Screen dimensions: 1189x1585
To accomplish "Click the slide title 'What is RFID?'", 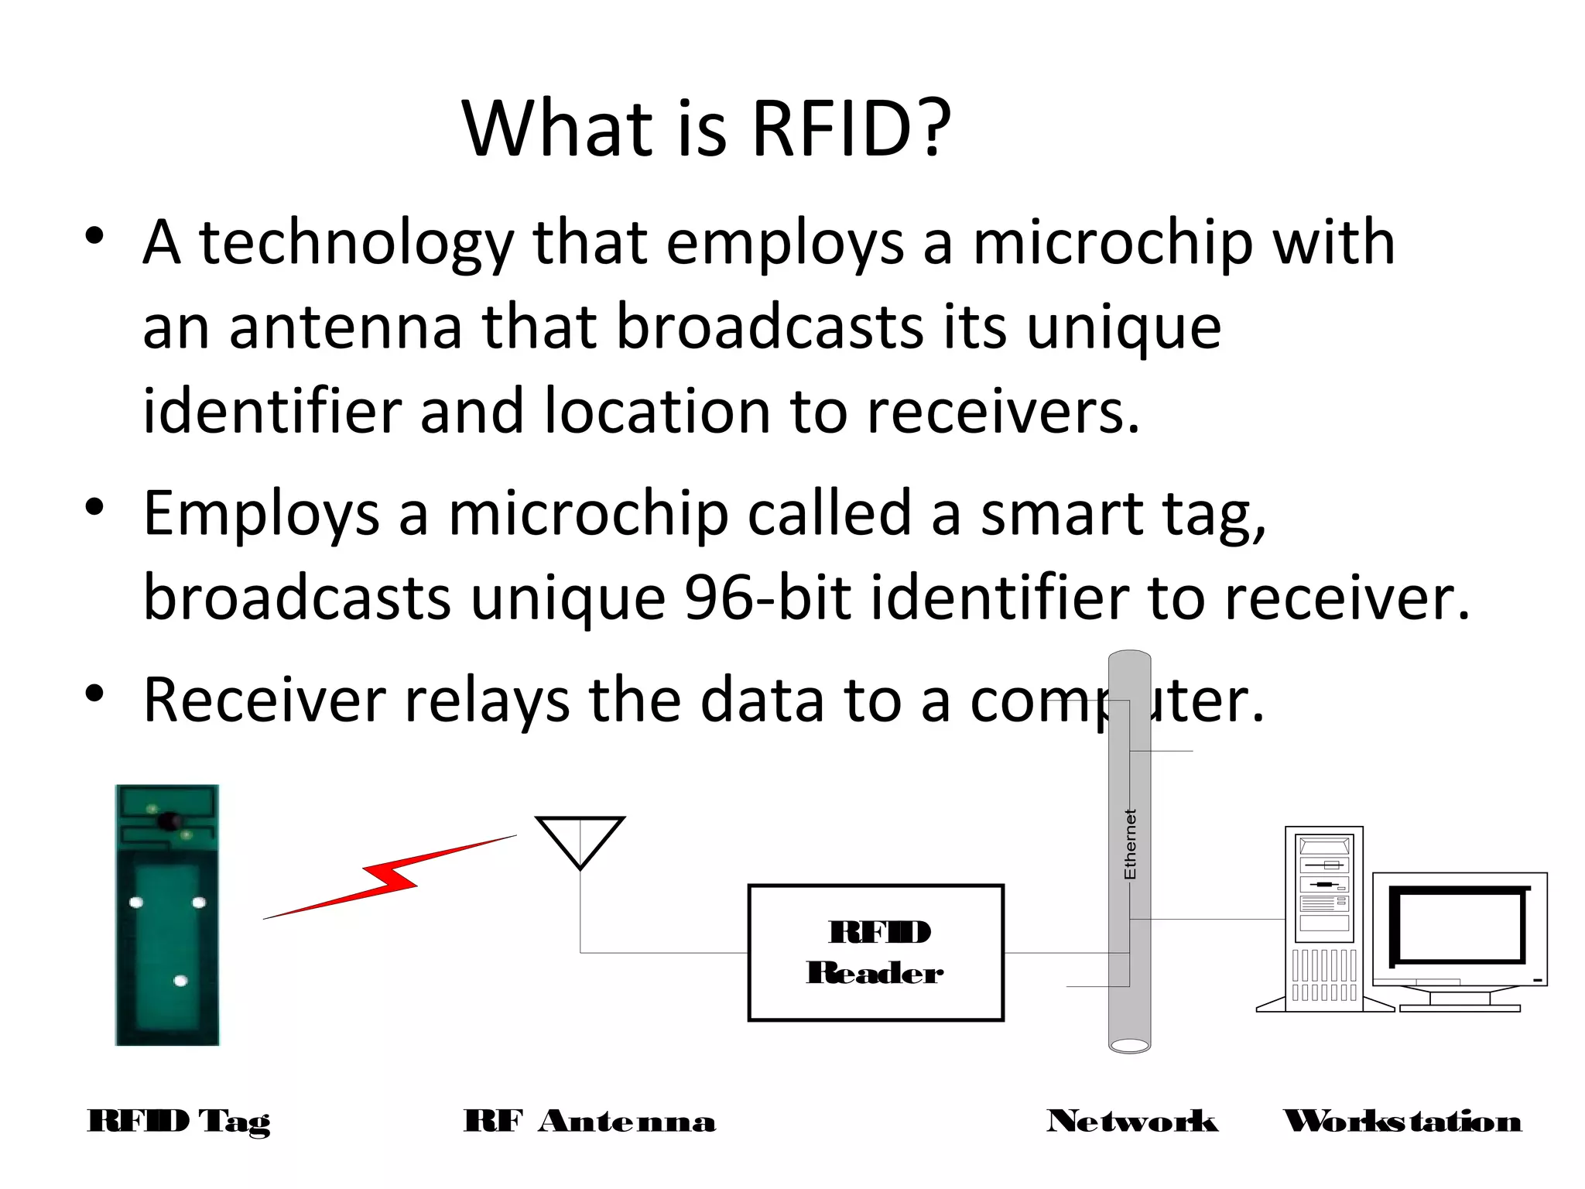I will coord(706,128).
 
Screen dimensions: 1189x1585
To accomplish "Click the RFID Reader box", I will coord(875,952).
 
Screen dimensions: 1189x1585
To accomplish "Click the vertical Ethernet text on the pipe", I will coord(1130,844).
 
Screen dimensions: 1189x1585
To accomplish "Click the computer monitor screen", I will coord(1457,925).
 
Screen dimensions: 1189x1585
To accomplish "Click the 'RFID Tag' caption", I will coord(179,1121).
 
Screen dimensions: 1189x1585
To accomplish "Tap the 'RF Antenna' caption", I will coord(589,1121).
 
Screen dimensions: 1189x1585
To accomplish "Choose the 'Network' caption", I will coord(1131,1121).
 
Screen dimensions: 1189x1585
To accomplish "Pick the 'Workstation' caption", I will coord(1402,1121).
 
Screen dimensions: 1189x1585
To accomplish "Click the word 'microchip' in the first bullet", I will coord(1112,243).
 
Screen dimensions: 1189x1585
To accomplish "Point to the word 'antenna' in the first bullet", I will coord(345,327).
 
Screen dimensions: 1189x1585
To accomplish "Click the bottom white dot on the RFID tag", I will coord(180,981).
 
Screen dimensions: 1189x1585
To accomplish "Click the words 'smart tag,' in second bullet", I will coord(1123,514).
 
